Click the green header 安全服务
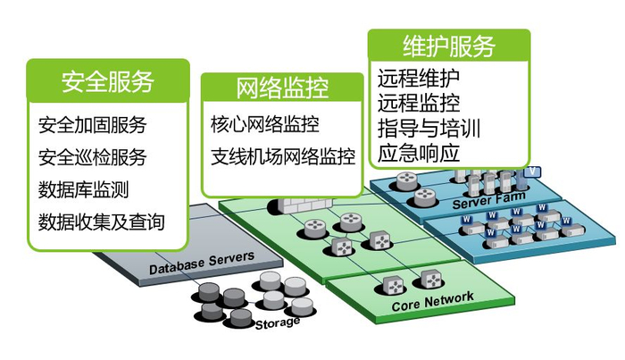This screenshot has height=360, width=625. [x=108, y=80]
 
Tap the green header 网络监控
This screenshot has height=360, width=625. [x=282, y=88]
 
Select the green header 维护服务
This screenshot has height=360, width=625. [x=449, y=45]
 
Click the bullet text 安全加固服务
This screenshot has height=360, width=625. [x=93, y=124]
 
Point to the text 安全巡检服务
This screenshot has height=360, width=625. [x=93, y=157]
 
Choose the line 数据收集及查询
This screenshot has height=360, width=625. [x=102, y=222]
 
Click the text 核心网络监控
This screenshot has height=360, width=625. [x=265, y=123]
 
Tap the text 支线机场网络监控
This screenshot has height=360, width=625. [x=283, y=156]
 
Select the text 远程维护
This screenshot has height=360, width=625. [x=419, y=78]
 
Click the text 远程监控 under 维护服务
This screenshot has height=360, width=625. [x=419, y=102]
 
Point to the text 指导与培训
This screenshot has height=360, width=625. [x=429, y=127]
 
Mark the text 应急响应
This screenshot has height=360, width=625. [x=419, y=152]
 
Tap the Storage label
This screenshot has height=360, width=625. [x=278, y=322]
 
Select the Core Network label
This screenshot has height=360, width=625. [x=433, y=303]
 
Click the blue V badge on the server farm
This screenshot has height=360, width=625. [x=534, y=170]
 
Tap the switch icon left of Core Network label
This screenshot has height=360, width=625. [x=392, y=285]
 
